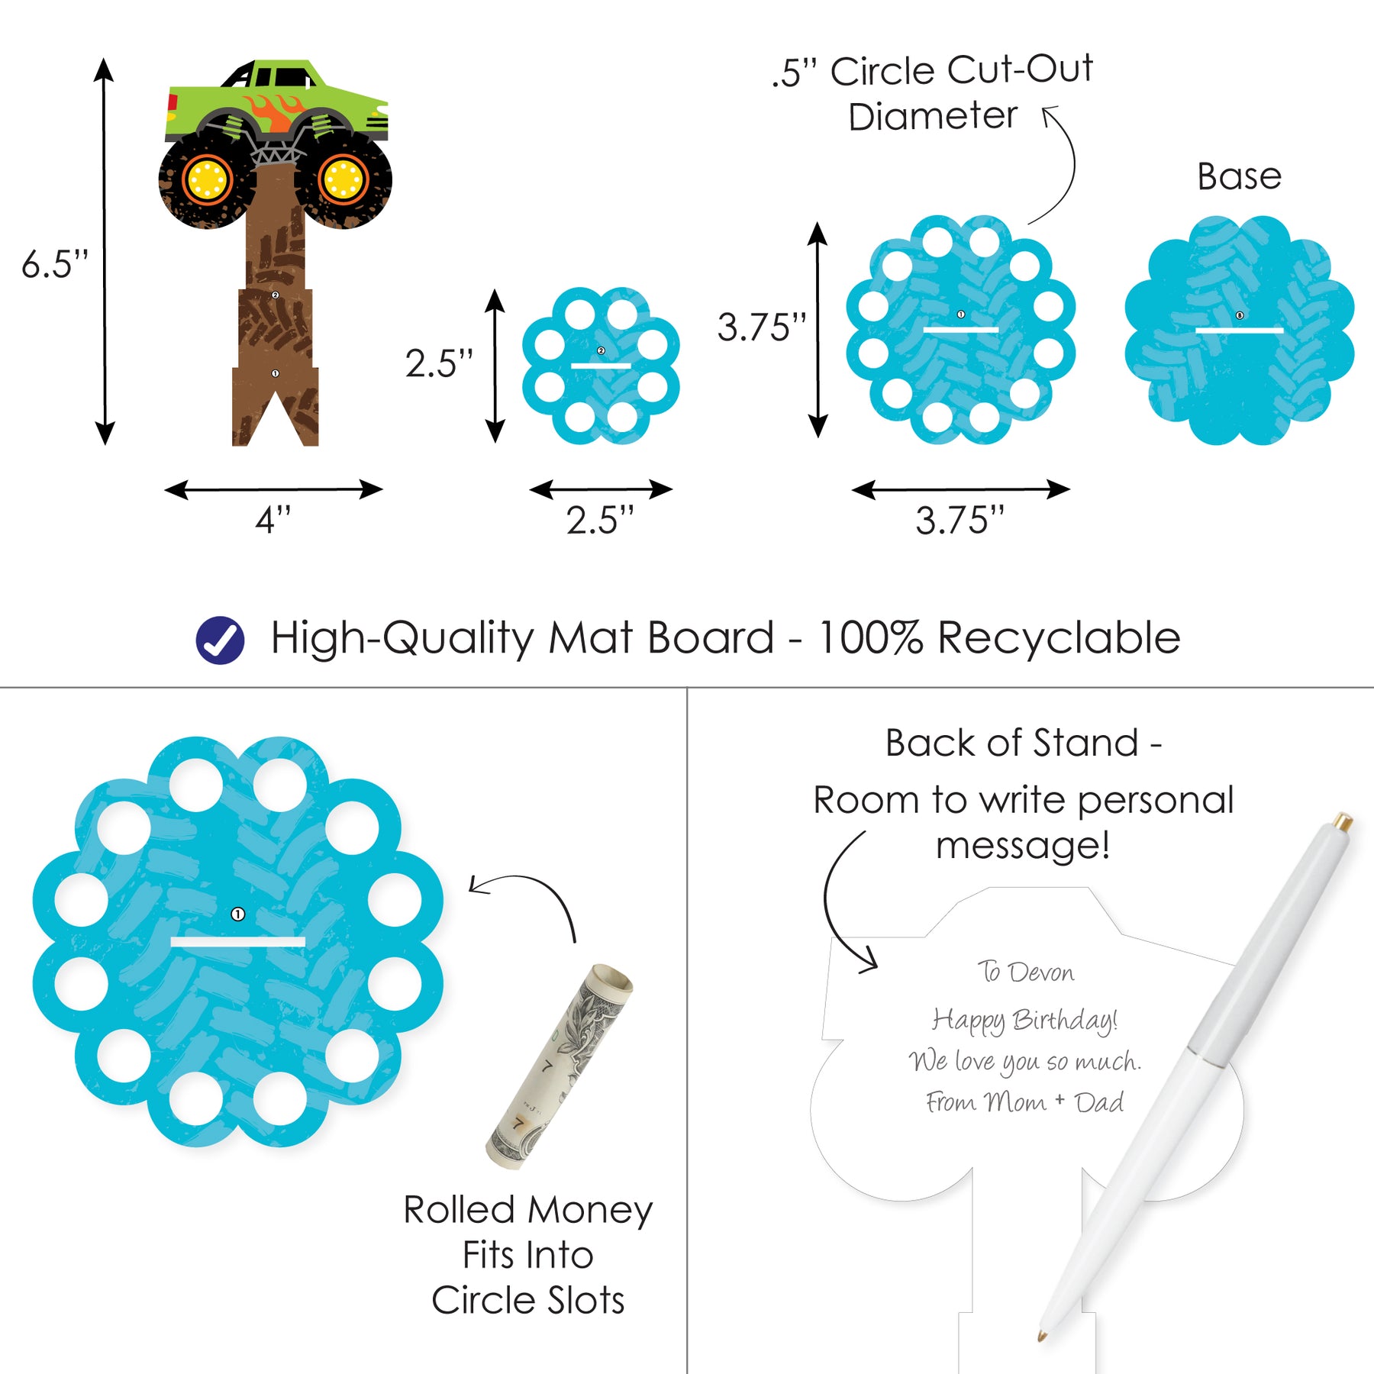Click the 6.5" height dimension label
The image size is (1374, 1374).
click(x=55, y=265)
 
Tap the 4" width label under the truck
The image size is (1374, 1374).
click(x=273, y=521)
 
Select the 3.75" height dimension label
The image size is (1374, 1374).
click(x=762, y=327)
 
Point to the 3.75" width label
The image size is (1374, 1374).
click(x=960, y=521)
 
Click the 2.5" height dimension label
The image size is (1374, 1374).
click(x=439, y=363)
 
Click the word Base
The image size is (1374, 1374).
click(x=1239, y=176)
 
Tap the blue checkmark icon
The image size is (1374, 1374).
click(x=220, y=640)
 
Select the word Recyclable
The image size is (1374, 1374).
click(x=1059, y=638)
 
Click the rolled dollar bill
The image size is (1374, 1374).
click(x=560, y=1066)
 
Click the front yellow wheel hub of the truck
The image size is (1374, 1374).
click(x=343, y=180)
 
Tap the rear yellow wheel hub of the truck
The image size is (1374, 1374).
click(x=206, y=180)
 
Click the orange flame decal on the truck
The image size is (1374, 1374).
click(x=273, y=111)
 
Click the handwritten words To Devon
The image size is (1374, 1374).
click(x=1025, y=972)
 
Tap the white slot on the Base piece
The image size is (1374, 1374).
click(x=1239, y=331)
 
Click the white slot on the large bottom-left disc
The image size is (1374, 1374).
click(x=237, y=942)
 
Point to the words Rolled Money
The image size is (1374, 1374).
click(x=528, y=1210)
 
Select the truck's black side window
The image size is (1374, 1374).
click(x=290, y=77)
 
